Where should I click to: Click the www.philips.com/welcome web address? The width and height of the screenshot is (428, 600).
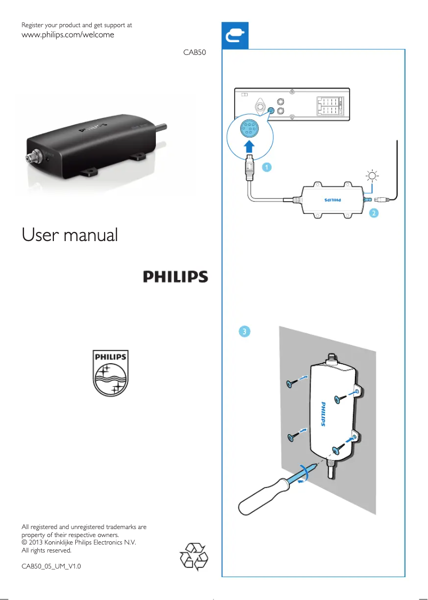(67, 35)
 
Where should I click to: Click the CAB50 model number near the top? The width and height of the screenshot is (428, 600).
(195, 53)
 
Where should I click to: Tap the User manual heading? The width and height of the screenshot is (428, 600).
(69, 235)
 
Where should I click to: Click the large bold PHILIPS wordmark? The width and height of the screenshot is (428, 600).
(175, 277)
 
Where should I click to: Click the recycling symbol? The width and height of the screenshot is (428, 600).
(193, 556)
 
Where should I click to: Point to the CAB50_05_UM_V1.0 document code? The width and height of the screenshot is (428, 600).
(51, 565)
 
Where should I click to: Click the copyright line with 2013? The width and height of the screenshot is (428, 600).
(78, 542)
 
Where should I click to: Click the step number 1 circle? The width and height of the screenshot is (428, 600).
(266, 167)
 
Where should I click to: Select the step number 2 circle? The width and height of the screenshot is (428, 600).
(374, 213)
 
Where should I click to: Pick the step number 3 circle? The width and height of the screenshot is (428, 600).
(243, 332)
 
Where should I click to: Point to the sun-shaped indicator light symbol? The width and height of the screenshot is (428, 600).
(372, 177)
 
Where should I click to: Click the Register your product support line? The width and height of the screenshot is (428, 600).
(76, 25)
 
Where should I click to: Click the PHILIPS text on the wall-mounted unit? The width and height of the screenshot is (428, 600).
(323, 414)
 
